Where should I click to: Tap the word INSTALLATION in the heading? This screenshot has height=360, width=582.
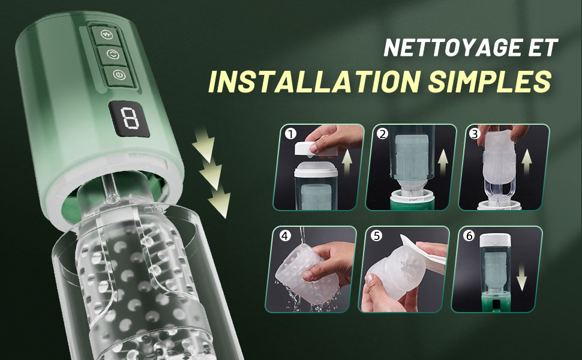coord(314,81)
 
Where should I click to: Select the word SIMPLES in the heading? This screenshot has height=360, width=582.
coord(489,81)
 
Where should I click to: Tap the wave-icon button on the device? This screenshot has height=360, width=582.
coord(107,35)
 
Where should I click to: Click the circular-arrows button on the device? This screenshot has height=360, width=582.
coord(112,55)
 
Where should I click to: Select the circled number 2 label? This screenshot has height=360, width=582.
coord(383,134)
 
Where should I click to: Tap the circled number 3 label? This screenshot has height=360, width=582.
coord(475,134)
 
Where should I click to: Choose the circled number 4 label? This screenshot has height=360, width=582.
coord(285,236)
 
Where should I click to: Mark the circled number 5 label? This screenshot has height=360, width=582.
coord(377,236)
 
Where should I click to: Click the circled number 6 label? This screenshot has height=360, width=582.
coord(469,236)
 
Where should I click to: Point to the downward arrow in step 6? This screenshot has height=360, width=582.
coord(521,278)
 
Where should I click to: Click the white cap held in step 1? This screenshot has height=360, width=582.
coord(316,148)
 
